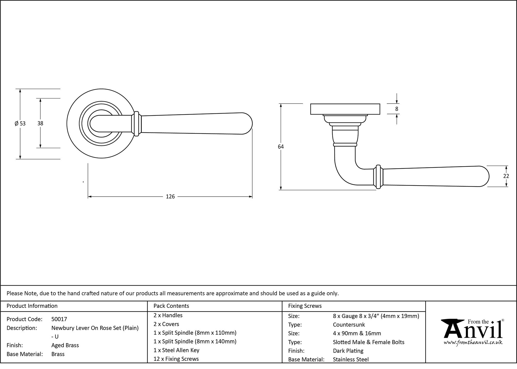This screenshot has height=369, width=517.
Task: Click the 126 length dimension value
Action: click(x=170, y=197)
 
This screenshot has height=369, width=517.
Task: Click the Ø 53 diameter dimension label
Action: click(x=20, y=124)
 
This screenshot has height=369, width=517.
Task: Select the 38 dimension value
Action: click(x=40, y=124)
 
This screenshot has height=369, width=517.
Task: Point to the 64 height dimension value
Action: click(x=281, y=147)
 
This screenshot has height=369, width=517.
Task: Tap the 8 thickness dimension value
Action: click(x=397, y=109)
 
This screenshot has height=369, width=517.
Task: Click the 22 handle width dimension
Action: click(x=506, y=176)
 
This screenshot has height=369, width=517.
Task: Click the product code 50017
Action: click(x=59, y=319)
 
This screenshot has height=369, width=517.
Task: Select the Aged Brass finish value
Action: click(x=65, y=345)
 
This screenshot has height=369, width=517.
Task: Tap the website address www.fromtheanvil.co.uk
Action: click(x=473, y=343)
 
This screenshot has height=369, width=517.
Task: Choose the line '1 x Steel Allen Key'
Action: click(x=176, y=350)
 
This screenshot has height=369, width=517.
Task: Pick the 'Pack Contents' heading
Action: click(x=171, y=306)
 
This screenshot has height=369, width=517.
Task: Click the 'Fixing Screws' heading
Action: click(x=305, y=306)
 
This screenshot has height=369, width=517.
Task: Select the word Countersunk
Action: click(x=349, y=325)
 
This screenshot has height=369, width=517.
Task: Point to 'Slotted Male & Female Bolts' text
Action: click(x=368, y=342)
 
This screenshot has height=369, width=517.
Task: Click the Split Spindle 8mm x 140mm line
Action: click(x=195, y=342)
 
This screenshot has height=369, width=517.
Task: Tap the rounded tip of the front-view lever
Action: click(x=248, y=124)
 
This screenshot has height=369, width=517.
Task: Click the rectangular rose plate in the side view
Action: click(x=345, y=109)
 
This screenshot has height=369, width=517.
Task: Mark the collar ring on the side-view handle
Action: click(x=378, y=177)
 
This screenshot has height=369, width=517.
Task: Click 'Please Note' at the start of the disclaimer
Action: click(x=22, y=294)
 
